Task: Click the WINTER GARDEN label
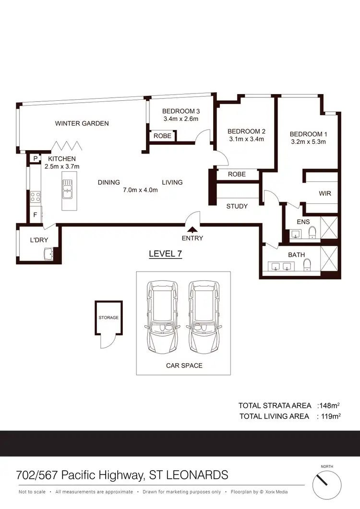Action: (82, 123)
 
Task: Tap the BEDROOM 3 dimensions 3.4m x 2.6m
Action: (180, 119)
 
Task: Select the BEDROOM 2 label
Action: (246, 131)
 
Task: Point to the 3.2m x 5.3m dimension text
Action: (308, 142)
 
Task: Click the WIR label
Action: (325, 194)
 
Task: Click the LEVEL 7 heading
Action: (165, 254)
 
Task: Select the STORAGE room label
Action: (108, 318)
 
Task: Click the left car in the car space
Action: (163, 316)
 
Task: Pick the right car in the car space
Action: (204, 316)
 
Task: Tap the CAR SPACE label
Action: (184, 366)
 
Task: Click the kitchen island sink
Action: (67, 189)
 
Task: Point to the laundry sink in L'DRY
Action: (48, 254)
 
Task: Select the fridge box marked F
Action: (35, 215)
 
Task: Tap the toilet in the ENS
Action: (312, 233)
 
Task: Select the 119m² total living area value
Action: (331, 416)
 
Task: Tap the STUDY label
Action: (237, 206)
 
